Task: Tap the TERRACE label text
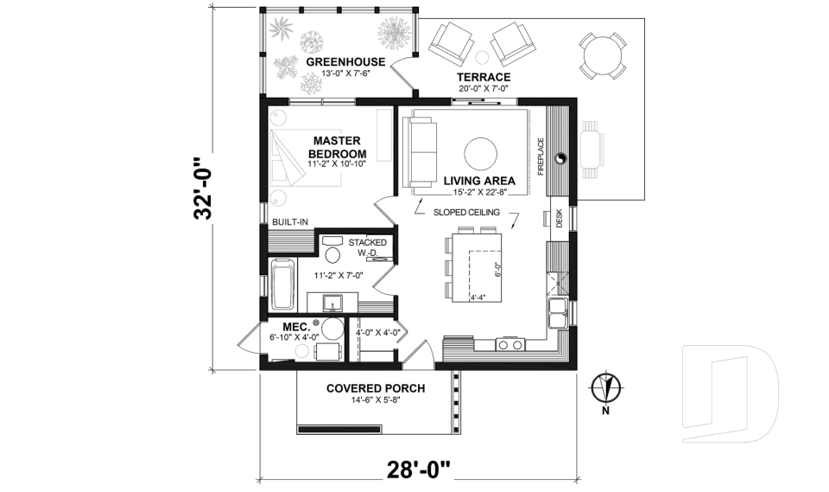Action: (x=483, y=77)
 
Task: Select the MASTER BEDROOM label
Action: (x=336, y=147)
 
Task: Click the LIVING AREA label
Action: (x=479, y=181)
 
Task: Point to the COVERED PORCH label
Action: (x=375, y=388)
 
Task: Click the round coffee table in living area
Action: (x=480, y=154)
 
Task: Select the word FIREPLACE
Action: (x=541, y=156)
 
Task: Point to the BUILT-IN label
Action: (x=290, y=222)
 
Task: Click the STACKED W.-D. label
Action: (x=367, y=248)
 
